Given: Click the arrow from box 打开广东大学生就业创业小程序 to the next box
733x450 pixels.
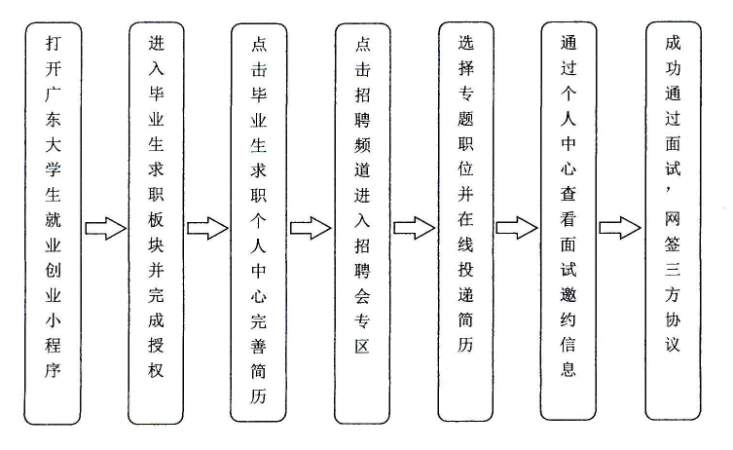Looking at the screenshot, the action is point(106,228).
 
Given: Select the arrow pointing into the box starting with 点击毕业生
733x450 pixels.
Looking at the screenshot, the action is point(207,228).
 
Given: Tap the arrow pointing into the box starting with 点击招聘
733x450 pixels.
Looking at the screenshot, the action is point(311,228).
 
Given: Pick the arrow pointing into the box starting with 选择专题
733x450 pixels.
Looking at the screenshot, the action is point(415,228).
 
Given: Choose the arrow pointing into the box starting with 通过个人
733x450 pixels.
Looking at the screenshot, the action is point(517,228).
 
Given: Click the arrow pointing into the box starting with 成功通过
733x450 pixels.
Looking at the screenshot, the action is point(620,228).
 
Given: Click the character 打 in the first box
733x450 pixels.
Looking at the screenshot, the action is point(53,44).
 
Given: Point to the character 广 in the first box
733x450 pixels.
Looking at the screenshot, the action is point(53,94).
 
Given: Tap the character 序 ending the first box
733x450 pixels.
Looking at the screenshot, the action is point(53,371).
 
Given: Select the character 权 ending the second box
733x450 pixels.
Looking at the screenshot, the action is point(156,371).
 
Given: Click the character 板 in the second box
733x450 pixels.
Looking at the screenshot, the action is point(156,220).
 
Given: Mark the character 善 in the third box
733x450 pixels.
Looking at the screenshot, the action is point(259,347).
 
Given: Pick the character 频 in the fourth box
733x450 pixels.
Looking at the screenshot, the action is point(362,145).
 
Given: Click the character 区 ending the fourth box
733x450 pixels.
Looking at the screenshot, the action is point(362,347).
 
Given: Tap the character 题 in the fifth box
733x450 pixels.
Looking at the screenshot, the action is point(465,119).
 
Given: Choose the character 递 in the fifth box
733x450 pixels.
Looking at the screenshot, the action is point(465,295).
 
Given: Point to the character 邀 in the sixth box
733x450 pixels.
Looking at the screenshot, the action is point(568,295).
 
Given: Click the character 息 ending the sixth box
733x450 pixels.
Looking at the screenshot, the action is point(568,370).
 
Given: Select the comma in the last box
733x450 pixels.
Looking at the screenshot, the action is point(669,190).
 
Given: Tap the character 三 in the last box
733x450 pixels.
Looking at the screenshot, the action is point(673,270).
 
